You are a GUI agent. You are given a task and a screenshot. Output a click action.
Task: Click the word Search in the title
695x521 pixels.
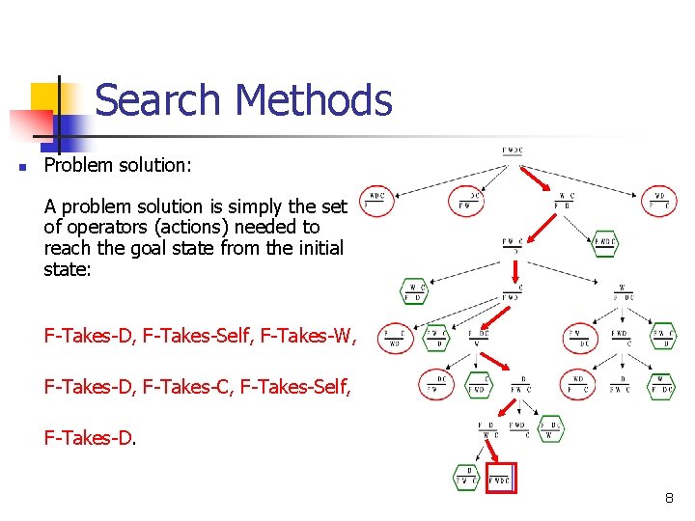tap(158, 100)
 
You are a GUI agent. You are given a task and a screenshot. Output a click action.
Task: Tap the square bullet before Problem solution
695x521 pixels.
tap(21, 167)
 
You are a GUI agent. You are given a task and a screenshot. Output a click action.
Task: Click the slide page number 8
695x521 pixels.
tap(668, 499)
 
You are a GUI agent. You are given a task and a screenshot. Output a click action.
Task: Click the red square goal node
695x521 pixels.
tap(501, 477)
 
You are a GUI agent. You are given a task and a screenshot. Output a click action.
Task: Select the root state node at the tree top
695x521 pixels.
tap(513, 151)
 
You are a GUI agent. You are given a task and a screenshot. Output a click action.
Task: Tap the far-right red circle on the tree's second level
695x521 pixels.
tap(660, 202)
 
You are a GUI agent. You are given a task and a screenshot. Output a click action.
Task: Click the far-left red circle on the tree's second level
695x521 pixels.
tap(375, 201)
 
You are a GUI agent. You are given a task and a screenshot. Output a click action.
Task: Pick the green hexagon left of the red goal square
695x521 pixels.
tap(467, 477)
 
